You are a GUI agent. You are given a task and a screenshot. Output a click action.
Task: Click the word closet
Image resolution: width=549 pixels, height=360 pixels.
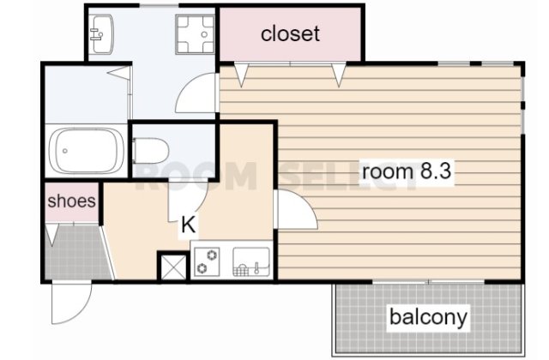click(290, 33)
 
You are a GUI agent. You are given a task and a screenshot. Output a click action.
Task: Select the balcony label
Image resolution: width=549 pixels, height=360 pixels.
click(428, 317)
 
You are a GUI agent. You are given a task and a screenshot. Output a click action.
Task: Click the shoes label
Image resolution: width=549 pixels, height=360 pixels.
click(71, 202)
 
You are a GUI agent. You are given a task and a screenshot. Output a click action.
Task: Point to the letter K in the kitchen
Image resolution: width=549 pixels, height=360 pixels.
click(188, 226)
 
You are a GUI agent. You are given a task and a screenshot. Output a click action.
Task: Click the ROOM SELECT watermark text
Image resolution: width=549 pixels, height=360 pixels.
click(274, 176)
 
